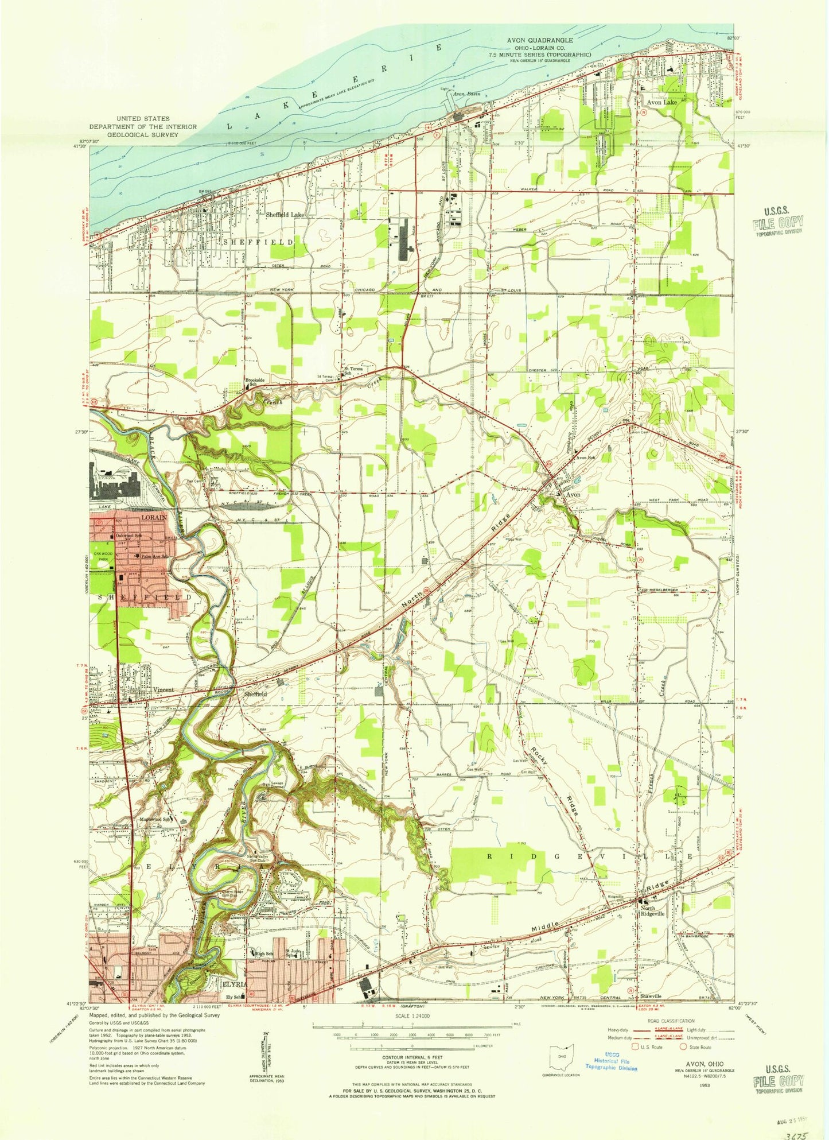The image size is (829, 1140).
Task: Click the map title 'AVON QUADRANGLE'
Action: pyautogui.click(x=539, y=40)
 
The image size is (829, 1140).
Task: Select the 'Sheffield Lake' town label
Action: pyautogui.click(x=285, y=214)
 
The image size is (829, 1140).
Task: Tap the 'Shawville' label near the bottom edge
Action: pyautogui.click(x=651, y=996)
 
